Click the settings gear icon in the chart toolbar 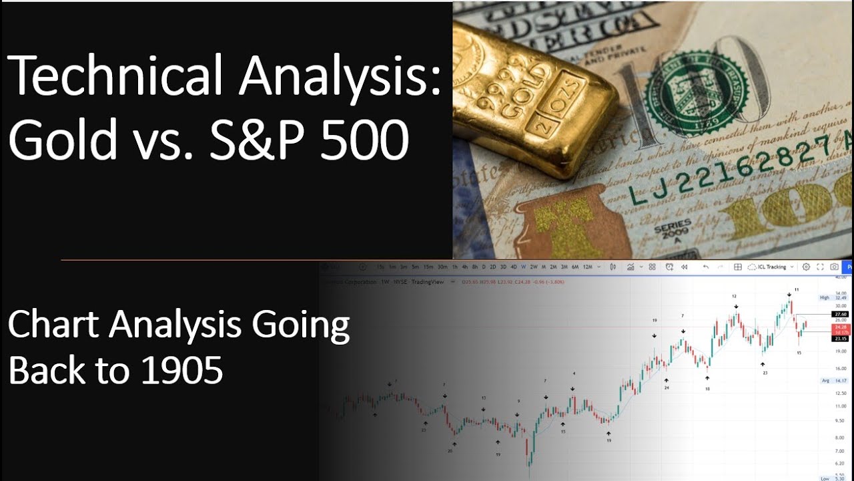[805, 267]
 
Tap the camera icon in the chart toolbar [834, 267]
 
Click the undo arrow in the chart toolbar [706, 267]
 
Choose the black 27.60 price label [840, 314]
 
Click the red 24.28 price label [840, 327]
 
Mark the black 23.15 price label [840, 339]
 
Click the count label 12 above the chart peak [734, 295]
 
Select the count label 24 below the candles [666, 387]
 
